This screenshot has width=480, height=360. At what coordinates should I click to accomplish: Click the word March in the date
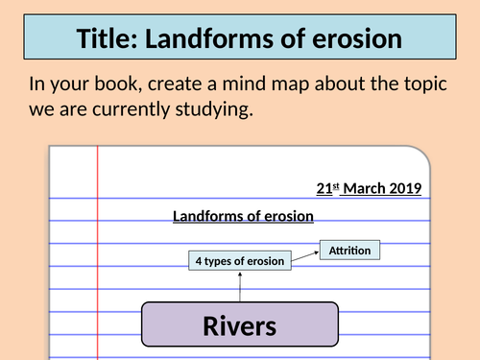[363, 189]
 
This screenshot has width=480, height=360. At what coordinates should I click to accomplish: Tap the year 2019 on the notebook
[405, 189]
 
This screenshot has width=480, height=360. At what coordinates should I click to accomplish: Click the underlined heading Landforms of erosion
[243, 216]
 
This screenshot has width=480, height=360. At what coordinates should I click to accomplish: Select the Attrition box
[349, 251]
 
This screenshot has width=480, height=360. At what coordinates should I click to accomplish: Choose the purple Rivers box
[240, 324]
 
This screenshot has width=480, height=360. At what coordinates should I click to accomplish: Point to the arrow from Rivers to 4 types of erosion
[240, 286]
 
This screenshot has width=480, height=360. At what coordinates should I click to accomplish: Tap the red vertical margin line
[98, 259]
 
